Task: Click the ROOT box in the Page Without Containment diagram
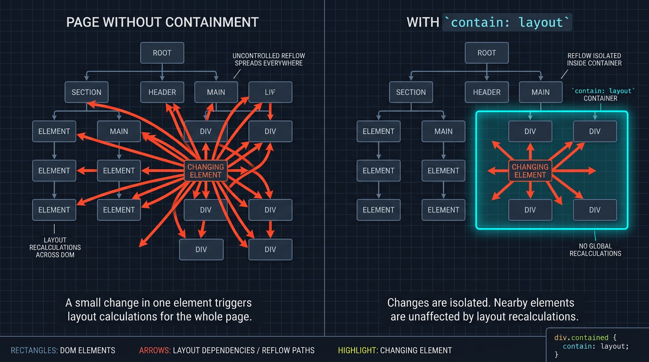[162, 53]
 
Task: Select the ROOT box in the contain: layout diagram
[486, 53]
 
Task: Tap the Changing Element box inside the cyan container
[530, 171]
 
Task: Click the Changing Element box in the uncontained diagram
[206, 171]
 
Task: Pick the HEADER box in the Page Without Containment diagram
[162, 92]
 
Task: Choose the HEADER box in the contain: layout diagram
[487, 92]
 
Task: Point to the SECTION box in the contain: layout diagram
[411, 92]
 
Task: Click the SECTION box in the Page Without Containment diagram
[86, 92]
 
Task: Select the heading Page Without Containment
[162, 22]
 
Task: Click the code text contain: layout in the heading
[507, 22]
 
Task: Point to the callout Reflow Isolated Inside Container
[594, 59]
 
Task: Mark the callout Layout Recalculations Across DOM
[55, 247]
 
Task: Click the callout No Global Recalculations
[595, 249]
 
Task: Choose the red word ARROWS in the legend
[154, 350]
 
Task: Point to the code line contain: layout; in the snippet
[596, 346]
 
